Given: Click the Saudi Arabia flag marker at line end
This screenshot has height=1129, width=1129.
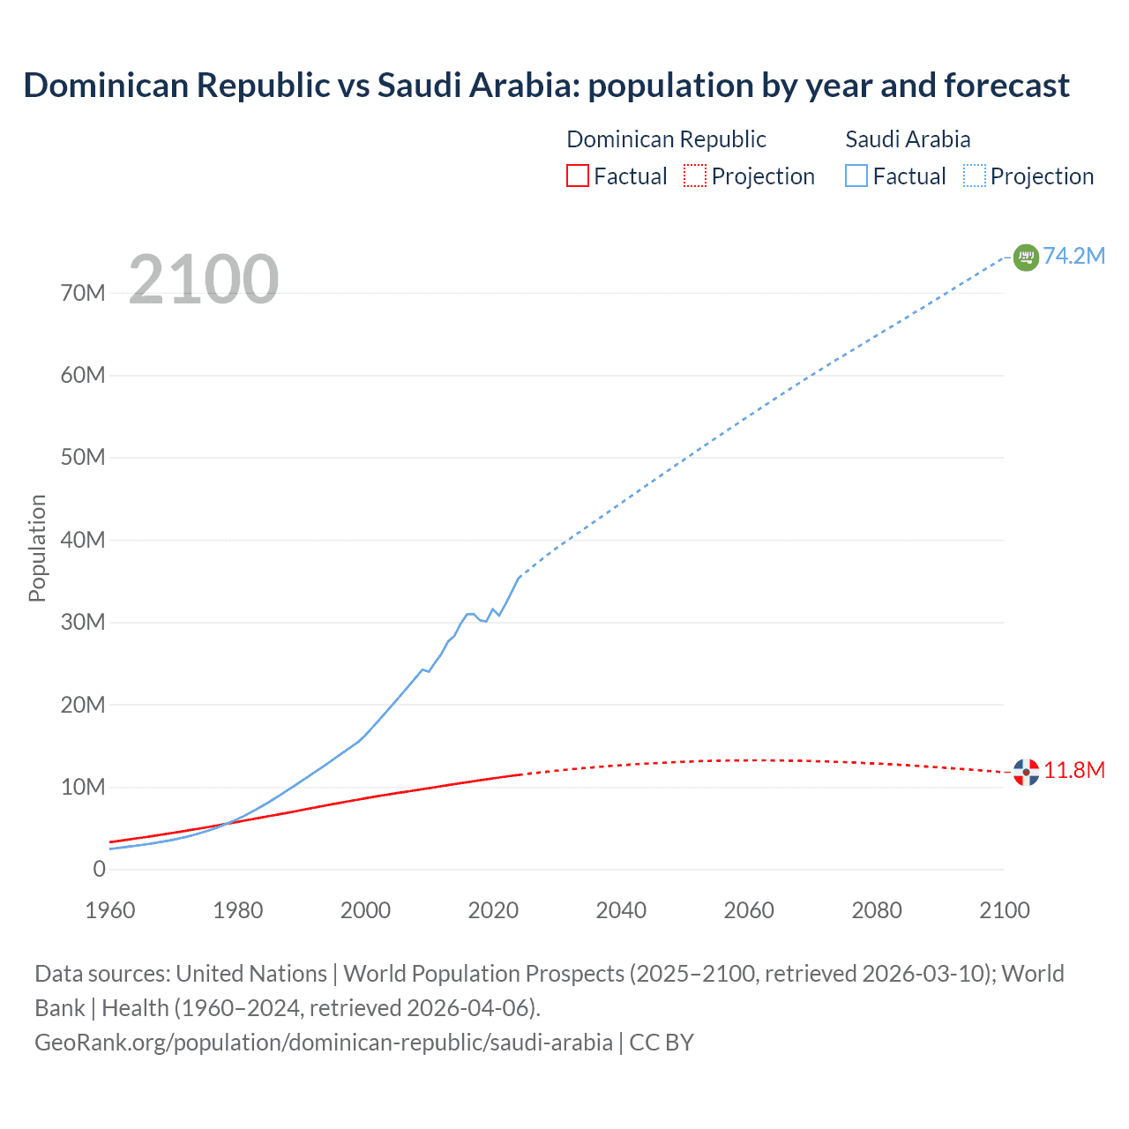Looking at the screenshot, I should (1026, 257).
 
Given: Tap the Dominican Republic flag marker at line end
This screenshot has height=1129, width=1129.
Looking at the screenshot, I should (1026, 772).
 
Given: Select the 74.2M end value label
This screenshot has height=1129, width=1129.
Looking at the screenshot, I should (1074, 256).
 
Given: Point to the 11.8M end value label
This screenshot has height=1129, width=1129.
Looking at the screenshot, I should (1074, 770).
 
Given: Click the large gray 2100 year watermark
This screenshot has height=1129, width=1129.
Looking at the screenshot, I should (204, 280).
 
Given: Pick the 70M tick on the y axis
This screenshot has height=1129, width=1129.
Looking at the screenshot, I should (83, 293).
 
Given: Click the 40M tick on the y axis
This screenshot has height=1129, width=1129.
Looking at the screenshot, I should (83, 540).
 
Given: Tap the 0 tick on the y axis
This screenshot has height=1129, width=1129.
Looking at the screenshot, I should (99, 869).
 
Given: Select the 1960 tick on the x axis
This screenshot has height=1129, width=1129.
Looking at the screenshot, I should (110, 910).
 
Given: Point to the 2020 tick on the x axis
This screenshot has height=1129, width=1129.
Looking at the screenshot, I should (493, 910).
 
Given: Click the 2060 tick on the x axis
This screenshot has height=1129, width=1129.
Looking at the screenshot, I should (749, 910).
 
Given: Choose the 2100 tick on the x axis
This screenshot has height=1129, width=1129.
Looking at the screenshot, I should (1004, 910).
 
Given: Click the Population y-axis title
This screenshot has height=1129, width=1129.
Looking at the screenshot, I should (37, 548).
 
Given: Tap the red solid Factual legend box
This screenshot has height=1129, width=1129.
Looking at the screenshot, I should (577, 176).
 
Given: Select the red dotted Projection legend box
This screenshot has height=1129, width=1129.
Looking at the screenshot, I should (695, 176).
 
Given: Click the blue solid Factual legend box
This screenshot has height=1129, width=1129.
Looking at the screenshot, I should (856, 176).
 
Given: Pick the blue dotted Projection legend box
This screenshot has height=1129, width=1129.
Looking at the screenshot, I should (975, 176).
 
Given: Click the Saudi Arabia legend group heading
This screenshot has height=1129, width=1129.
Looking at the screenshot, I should (908, 139).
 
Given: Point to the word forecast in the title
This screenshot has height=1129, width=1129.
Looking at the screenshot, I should (1006, 86).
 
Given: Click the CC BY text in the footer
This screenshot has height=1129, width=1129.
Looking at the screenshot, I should (662, 1043).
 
